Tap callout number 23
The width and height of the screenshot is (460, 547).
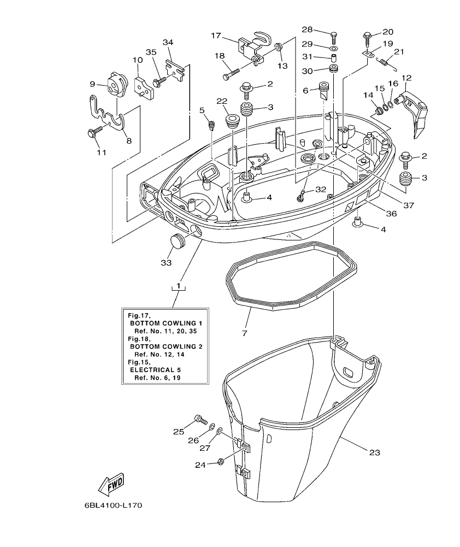(x=374, y=452)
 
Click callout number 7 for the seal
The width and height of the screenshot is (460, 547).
(x=244, y=332)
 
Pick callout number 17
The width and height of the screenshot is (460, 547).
(x=216, y=36)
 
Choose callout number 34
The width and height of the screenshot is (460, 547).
(x=168, y=42)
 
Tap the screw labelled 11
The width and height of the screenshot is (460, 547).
(x=93, y=132)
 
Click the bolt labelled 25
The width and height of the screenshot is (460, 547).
(x=200, y=420)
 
